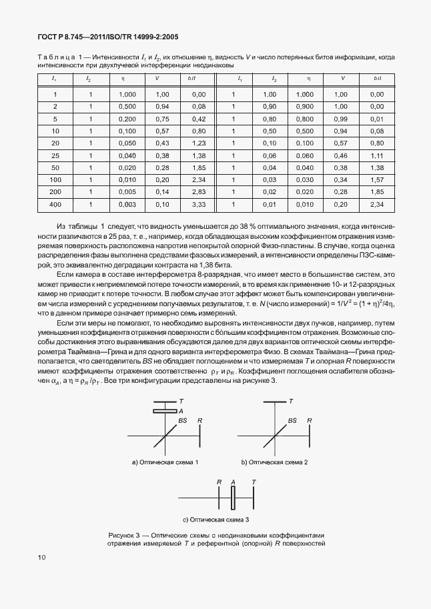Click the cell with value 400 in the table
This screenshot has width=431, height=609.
pos(55,203)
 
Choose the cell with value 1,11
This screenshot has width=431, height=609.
pos(377,155)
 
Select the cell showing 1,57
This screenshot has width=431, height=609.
pos(377,179)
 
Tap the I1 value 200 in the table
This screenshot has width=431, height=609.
pos(55,191)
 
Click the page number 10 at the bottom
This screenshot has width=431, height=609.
pos(41,556)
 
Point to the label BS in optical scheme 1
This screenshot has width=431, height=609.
pos(183,421)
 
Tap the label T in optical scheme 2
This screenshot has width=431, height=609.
pos(291,402)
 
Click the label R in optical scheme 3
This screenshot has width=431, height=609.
pos(219,481)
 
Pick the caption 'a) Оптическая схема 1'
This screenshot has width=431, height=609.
pos(165,462)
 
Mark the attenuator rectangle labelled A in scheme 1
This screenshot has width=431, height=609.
pos(164,411)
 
